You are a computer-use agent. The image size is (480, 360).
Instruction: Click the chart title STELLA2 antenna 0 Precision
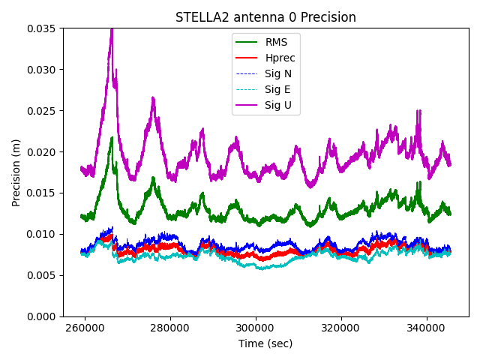click(x=265, y=17)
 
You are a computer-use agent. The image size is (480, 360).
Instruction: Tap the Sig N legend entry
click(x=278, y=73)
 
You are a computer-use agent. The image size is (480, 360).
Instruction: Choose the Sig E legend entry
click(x=278, y=89)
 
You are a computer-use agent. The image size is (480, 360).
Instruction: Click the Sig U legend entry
click(x=278, y=105)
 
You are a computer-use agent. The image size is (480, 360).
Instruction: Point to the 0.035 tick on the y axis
click(x=43, y=28)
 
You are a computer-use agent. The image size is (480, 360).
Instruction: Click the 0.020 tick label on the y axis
click(x=43, y=152)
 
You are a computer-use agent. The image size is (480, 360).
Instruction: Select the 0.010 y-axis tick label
click(x=43, y=234)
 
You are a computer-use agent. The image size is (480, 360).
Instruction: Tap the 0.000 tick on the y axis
click(x=43, y=316)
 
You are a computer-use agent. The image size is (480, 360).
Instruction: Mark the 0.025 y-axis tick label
click(x=43, y=111)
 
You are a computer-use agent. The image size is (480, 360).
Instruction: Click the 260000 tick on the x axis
click(x=85, y=328)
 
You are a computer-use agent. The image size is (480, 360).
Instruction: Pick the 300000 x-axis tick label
click(x=256, y=328)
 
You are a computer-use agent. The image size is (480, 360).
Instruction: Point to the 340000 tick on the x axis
click(x=427, y=328)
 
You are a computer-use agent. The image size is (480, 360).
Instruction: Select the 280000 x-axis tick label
click(x=170, y=328)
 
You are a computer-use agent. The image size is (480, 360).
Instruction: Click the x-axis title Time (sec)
click(x=265, y=343)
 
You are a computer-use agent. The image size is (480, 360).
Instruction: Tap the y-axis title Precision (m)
click(x=16, y=172)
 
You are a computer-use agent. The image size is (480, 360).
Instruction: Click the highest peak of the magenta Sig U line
click(x=112, y=29)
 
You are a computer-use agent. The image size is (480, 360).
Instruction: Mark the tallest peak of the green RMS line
click(x=112, y=138)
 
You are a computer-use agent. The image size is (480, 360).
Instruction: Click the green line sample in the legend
click(x=246, y=42)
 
